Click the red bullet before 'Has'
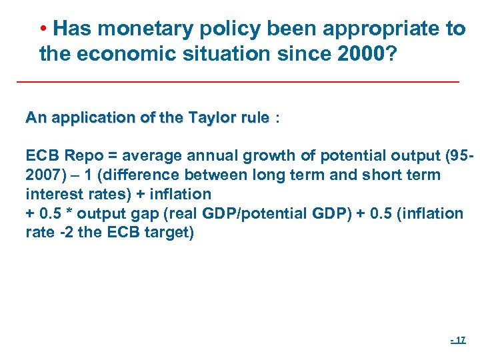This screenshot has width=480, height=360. click(x=43, y=30)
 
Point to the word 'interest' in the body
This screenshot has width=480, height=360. click(x=50, y=195)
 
